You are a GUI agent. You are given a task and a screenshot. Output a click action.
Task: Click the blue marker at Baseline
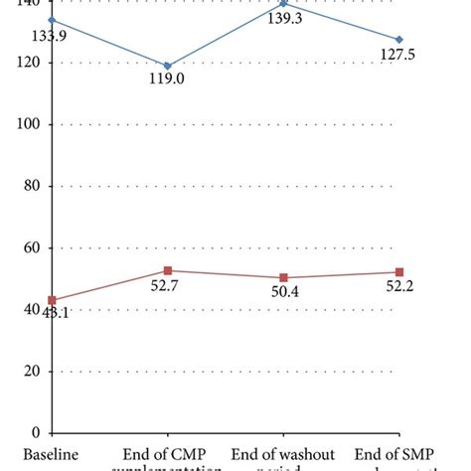click(52, 20)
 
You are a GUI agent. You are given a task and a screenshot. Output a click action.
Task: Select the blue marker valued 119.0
click(167, 67)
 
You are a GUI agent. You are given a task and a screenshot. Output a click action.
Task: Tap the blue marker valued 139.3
click(283, 4)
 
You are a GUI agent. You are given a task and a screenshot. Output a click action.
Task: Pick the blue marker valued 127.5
click(399, 40)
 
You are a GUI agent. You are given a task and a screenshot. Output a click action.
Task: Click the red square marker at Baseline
click(52, 300)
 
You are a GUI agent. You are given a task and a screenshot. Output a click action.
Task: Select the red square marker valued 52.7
click(167, 270)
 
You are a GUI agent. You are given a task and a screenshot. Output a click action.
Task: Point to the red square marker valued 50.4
click(283, 277)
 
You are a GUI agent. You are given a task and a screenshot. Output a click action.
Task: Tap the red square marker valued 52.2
click(399, 272)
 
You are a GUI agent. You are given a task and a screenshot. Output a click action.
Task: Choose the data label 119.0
click(168, 84)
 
